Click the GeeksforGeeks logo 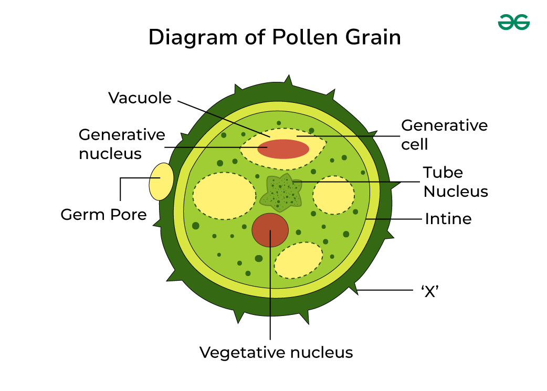(513, 22)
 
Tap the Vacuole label (140, 98)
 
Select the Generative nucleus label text (122, 144)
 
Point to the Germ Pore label (103, 214)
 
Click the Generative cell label (444, 134)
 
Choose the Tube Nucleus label (456, 182)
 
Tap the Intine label (448, 218)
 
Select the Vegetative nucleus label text (276, 352)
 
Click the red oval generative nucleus (283, 149)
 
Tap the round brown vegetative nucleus (270, 229)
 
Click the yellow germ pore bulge (161, 182)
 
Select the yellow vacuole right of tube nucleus (333, 195)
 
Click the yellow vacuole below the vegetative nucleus (298, 260)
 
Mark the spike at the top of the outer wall (288, 80)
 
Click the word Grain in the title (372, 38)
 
